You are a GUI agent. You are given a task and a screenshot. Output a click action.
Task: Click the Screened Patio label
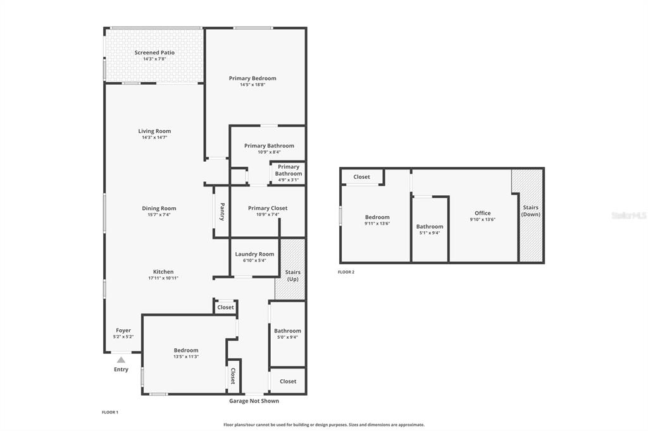tap(154, 52)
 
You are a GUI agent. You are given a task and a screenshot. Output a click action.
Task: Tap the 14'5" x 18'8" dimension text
tap(252, 85)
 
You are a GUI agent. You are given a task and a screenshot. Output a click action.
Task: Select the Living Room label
tap(154, 131)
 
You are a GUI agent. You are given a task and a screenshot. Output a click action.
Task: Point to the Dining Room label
tap(159, 209)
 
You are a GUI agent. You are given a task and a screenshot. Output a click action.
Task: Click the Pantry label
tap(222, 212)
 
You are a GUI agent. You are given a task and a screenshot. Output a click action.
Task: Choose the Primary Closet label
tap(268, 208)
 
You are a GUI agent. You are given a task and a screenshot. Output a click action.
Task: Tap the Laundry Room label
tap(254, 254)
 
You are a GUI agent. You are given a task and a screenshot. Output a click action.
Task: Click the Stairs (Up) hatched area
tap(290, 269)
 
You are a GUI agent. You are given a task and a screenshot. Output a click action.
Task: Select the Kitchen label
tap(163, 272)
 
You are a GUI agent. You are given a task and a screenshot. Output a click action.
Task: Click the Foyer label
tap(123, 331)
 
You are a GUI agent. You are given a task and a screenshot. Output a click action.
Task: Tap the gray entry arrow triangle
tap(121, 360)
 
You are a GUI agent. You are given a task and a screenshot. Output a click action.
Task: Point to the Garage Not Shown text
tap(254, 401)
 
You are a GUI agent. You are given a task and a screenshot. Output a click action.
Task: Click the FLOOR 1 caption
tap(110, 412)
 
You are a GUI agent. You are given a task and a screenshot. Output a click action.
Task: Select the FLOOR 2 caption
tap(346, 272)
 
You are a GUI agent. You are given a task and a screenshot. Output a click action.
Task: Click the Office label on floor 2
tap(483, 213)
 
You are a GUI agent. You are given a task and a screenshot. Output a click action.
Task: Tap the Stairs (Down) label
tap(531, 210)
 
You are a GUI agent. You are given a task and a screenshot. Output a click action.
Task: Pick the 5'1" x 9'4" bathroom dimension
tap(430, 233)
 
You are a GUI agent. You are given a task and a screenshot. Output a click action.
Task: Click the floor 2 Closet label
tap(361, 177)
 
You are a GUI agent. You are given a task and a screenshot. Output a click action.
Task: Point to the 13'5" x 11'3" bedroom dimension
tap(186, 356)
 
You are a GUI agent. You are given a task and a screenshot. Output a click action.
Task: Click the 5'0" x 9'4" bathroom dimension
tap(288, 337)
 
